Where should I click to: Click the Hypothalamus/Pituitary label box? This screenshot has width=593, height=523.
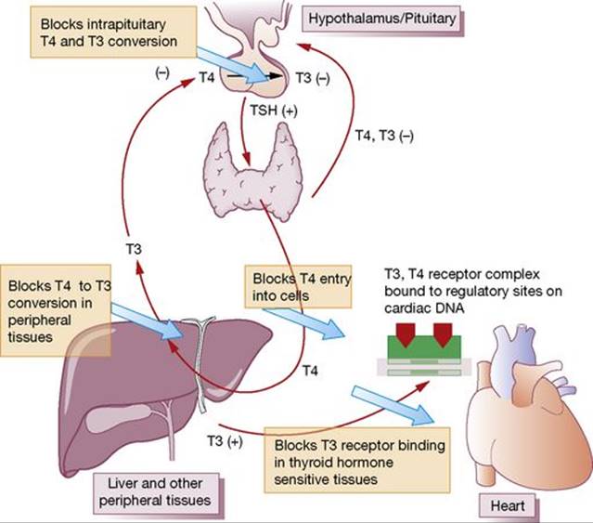[382, 19]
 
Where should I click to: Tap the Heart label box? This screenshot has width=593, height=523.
[508, 505]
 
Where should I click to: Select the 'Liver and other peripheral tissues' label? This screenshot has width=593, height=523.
[155, 492]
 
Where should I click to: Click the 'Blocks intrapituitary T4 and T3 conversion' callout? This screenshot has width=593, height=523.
[113, 33]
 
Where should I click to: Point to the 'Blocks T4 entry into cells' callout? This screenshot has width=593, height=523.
[299, 286]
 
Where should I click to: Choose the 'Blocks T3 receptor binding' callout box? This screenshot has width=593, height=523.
[357, 460]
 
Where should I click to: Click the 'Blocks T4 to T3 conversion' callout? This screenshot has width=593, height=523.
[56, 310]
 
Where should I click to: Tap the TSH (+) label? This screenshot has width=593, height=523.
[274, 111]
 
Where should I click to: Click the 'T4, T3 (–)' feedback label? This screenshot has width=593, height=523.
[384, 135]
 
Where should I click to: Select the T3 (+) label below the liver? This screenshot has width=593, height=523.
[225, 441]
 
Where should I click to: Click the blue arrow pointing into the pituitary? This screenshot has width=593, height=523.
[233, 65]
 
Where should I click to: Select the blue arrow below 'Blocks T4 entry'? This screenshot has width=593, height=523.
[304, 322]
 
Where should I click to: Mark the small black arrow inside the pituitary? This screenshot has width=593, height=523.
[254, 76]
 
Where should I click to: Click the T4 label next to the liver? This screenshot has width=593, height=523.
[310, 371]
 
